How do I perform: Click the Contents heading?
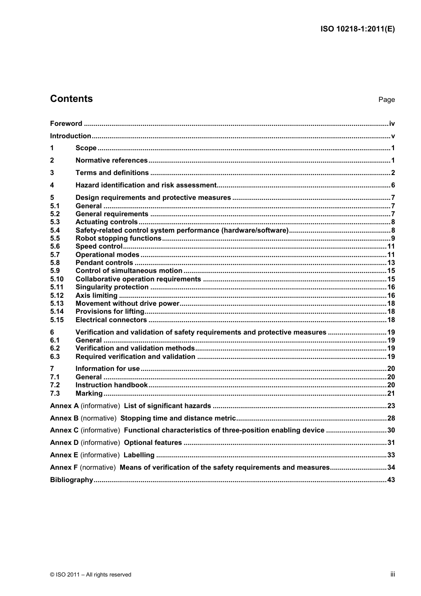71,99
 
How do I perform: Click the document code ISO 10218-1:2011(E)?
357,29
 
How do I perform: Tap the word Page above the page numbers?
386,100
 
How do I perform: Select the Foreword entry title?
66,124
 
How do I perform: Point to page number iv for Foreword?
392,124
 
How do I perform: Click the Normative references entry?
111,160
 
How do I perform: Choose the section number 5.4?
55,230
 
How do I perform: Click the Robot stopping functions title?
118,238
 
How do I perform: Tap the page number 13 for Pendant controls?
391,263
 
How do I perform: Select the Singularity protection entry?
112,287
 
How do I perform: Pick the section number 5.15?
57,320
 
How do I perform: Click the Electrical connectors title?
111,320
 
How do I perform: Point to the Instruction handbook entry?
111,385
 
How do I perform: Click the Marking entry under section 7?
89,393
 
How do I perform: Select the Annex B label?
64,418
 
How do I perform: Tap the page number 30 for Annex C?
391,430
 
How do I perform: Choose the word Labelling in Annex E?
139,455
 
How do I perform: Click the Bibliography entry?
71,480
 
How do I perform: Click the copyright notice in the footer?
91,575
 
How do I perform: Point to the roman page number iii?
393,574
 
